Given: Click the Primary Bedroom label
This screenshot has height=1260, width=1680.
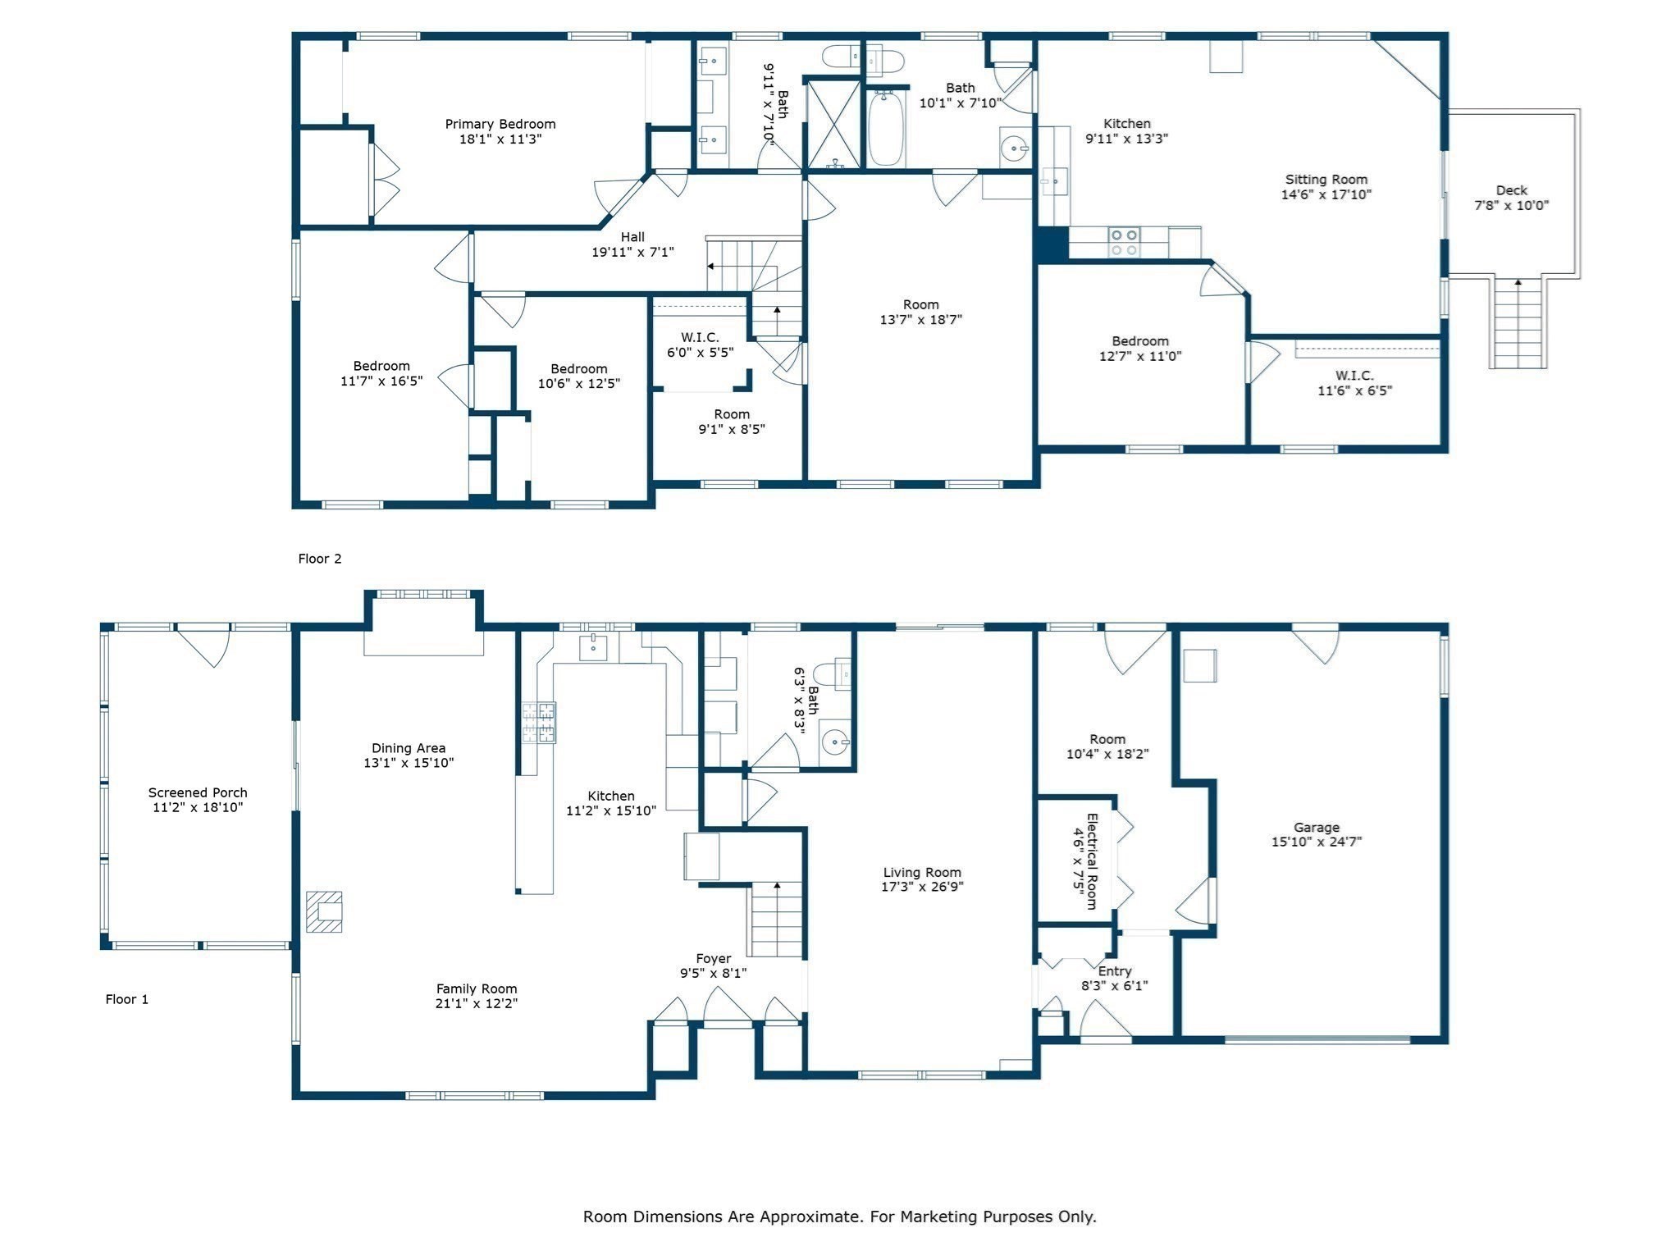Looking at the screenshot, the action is coord(500,124).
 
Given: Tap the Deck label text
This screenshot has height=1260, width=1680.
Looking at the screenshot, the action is coord(1511,190).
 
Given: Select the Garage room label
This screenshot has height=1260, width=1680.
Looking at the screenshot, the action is coord(1317,828).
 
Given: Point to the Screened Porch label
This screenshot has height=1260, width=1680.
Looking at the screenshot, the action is coord(198,792).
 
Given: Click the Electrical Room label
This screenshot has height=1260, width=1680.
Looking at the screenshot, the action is coord(1092,861).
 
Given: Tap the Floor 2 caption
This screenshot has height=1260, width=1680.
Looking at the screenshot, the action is coord(319,559).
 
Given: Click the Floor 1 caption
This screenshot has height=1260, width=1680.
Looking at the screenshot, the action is coord(127,999).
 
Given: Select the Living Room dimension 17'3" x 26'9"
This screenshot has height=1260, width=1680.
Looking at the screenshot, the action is coord(922,887).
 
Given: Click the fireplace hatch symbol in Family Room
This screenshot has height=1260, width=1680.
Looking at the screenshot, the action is coord(324,912).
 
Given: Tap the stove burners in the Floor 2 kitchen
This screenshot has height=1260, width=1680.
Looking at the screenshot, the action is coord(1124,242).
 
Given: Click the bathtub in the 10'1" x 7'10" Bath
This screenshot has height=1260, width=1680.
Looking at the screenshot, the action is coord(886,130).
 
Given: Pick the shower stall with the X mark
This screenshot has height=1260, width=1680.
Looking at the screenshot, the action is coord(834,125).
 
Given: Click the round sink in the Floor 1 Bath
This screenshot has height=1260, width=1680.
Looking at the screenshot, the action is coord(835,744).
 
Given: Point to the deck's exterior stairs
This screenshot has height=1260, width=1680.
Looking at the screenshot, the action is coord(1518,323).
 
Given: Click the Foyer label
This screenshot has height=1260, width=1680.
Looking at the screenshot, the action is coord(713,958).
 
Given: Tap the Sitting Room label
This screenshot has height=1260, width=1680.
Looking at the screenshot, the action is coord(1326,180).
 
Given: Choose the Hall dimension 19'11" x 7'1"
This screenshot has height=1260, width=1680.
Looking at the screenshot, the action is coord(632,252).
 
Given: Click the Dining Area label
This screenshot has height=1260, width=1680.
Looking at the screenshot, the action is coord(409,748).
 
